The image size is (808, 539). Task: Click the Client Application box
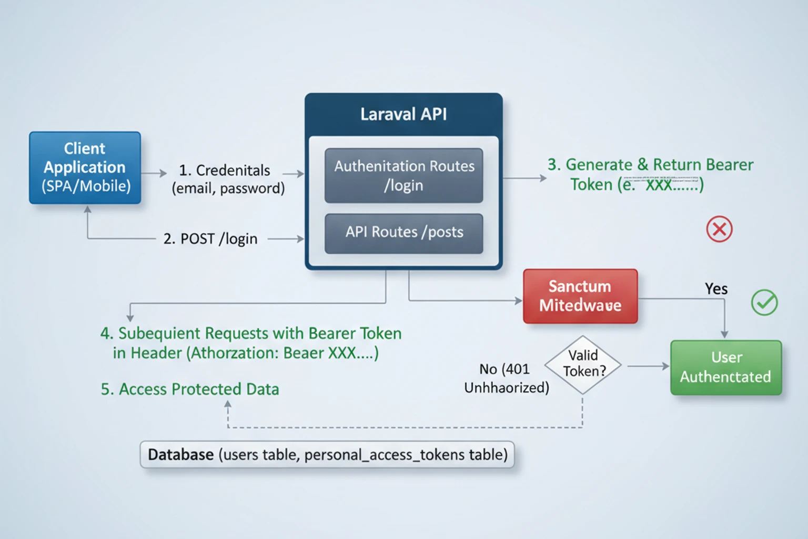[85, 167]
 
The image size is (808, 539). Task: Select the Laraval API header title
[403, 114]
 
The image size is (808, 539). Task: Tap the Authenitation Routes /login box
[403, 175]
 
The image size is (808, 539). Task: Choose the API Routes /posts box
[403, 233]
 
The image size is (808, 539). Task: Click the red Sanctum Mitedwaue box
[580, 296]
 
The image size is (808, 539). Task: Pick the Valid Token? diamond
[583, 364]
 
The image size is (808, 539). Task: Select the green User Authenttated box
[725, 367]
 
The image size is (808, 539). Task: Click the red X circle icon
[719, 229]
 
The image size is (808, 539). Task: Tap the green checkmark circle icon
[764, 303]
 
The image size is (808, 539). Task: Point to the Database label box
[327, 455]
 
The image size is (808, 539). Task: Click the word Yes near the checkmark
[716, 289]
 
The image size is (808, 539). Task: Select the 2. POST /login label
[210, 239]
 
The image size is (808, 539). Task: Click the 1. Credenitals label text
[225, 171]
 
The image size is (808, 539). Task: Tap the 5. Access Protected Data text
[190, 389]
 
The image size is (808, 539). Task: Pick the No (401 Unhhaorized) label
[506, 378]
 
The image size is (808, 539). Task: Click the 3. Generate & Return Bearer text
[650, 165]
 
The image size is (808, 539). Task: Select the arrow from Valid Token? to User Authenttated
[648, 366]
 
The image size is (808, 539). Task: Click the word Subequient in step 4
[158, 334]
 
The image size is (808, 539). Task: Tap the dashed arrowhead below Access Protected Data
[228, 404]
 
